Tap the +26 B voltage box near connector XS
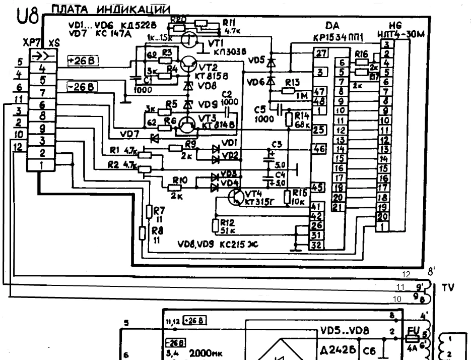tap(82, 62)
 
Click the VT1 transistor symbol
tap(190, 40)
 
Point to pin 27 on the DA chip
tap(319, 52)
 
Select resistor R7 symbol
tap(149, 212)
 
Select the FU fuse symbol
tap(411, 339)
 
